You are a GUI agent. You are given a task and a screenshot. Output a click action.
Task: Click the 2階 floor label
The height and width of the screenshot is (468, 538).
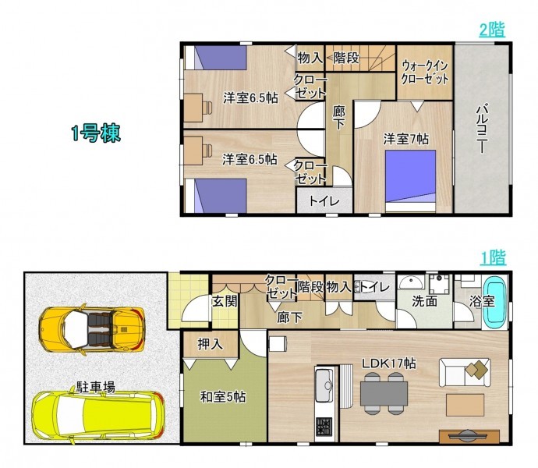(492, 30)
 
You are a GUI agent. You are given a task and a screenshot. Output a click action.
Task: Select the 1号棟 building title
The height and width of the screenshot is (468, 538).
(96, 133)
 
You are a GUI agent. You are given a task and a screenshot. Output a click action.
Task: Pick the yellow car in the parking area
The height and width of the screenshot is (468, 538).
(98, 416)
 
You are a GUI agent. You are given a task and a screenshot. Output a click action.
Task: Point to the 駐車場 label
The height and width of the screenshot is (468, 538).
(96, 387)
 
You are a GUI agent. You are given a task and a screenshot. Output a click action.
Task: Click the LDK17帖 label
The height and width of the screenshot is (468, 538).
(389, 363)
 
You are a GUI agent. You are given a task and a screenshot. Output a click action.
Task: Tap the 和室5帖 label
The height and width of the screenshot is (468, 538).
(223, 397)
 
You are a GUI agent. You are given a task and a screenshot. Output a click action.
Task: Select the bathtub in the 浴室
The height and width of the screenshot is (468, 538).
(495, 303)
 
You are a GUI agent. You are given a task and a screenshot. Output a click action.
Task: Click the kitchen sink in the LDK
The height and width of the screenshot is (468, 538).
(324, 385)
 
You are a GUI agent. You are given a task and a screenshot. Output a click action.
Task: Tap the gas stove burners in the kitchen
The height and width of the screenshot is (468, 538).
(324, 427)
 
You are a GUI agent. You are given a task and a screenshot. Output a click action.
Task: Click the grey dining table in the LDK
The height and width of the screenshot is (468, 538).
(384, 393)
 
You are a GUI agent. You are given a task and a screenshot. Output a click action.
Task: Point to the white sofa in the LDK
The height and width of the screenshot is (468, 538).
(465, 373)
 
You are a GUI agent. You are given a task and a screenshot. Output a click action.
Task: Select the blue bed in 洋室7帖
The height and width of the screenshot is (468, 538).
(410, 181)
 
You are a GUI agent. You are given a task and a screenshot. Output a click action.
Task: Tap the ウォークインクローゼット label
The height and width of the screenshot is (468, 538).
(425, 73)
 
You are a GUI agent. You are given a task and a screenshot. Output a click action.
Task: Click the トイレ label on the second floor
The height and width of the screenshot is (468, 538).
(324, 201)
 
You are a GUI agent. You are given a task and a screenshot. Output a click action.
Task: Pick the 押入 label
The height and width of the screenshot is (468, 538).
(211, 344)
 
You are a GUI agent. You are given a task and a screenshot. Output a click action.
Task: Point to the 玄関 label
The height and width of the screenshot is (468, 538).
(225, 301)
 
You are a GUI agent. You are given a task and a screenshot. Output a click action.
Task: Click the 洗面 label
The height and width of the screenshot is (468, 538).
(424, 301)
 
